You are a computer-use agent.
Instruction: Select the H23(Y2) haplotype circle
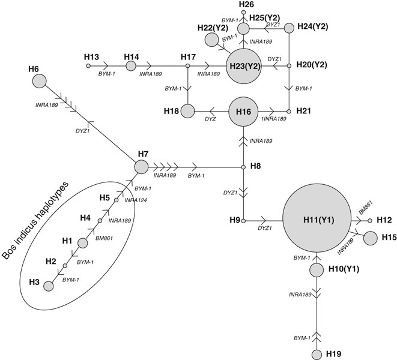(244, 66)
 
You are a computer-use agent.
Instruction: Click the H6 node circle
(40, 81)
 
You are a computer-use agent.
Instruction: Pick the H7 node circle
(141, 167)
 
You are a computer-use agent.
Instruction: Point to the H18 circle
(188, 111)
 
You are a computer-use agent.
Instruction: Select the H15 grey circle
(371, 238)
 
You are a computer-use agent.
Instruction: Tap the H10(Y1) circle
(317, 270)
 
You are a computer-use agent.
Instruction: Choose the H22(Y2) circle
(212, 40)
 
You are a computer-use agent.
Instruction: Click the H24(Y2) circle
(289, 28)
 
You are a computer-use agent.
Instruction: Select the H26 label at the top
(246, 5)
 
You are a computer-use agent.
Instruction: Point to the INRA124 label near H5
(136, 200)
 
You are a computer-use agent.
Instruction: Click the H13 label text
(91, 56)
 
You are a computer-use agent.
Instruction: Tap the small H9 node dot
(243, 220)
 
